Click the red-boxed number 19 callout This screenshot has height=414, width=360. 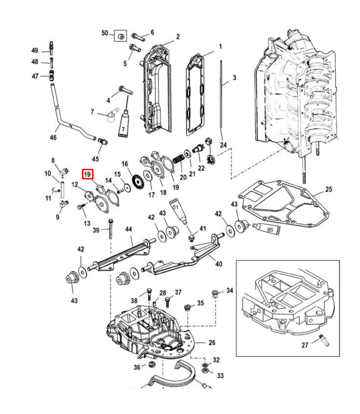(87, 174)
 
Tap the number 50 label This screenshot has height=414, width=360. (105, 33)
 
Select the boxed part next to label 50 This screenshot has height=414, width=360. (120, 35)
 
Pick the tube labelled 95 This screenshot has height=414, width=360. (267, 229)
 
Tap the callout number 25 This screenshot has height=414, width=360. (329, 190)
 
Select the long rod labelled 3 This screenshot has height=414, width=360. (221, 94)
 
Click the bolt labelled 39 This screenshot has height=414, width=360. (111, 229)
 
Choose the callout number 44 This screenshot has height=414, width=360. (128, 229)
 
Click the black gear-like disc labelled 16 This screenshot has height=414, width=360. (138, 182)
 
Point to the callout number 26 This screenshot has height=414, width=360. (212, 343)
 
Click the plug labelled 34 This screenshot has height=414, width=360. (215, 293)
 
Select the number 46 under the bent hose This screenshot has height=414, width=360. (53, 137)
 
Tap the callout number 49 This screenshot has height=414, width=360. (35, 50)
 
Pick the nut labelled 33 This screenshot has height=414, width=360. (205, 371)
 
